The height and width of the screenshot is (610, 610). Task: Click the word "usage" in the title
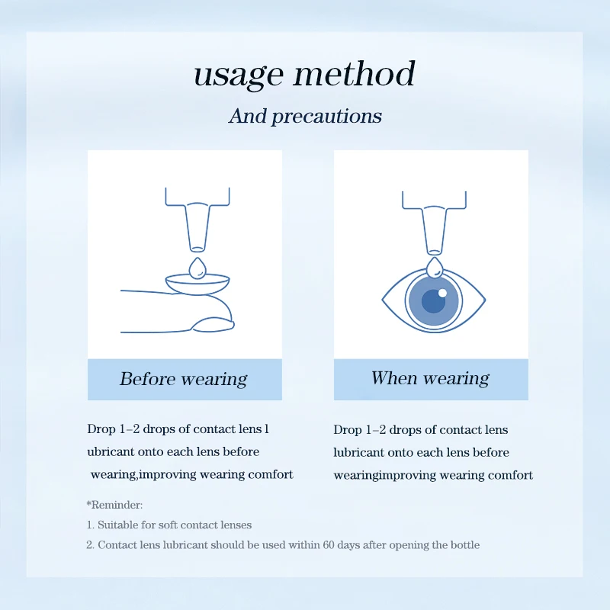pos(238,75)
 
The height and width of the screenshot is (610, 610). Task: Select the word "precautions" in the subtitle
pos(326,117)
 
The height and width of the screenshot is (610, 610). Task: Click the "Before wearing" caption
pos(183,379)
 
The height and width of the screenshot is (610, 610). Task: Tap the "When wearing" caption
pos(430,378)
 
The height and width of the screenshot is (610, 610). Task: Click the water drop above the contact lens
pos(197,268)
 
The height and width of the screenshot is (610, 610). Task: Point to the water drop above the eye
pos(435,268)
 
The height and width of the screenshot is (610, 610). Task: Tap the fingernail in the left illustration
pos(213,325)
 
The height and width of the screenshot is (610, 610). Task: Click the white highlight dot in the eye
pos(442,293)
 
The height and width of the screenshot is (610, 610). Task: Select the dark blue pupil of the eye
pos(433,301)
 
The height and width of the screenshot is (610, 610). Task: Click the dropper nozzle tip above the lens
pos(197,249)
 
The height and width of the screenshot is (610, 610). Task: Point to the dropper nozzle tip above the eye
pos(434,252)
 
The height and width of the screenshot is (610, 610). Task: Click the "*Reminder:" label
pos(114,505)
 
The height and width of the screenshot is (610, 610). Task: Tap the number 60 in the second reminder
pos(329,544)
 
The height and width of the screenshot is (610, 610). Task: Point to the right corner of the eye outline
pos(486,300)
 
